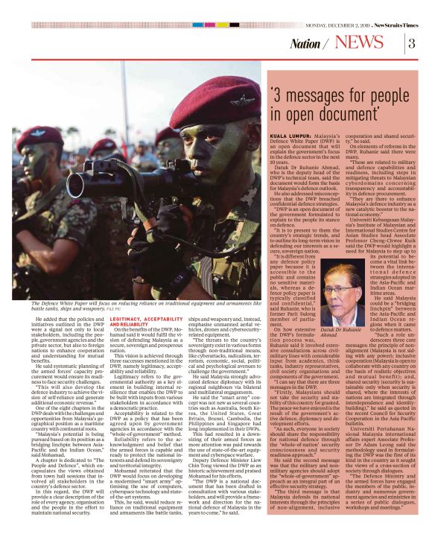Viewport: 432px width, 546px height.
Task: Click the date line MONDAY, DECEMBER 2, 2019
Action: [x=331, y=7]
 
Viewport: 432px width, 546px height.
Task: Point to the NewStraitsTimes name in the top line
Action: [x=396, y=7]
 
